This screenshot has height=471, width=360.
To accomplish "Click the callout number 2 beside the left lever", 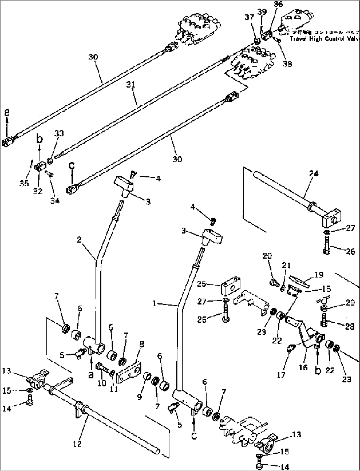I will (79, 240).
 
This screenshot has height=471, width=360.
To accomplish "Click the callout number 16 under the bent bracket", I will (303, 367).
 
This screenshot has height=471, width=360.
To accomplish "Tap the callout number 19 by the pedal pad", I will (319, 274).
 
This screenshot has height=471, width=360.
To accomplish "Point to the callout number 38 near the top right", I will (287, 64).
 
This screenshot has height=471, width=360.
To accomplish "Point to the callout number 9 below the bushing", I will (139, 397).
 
